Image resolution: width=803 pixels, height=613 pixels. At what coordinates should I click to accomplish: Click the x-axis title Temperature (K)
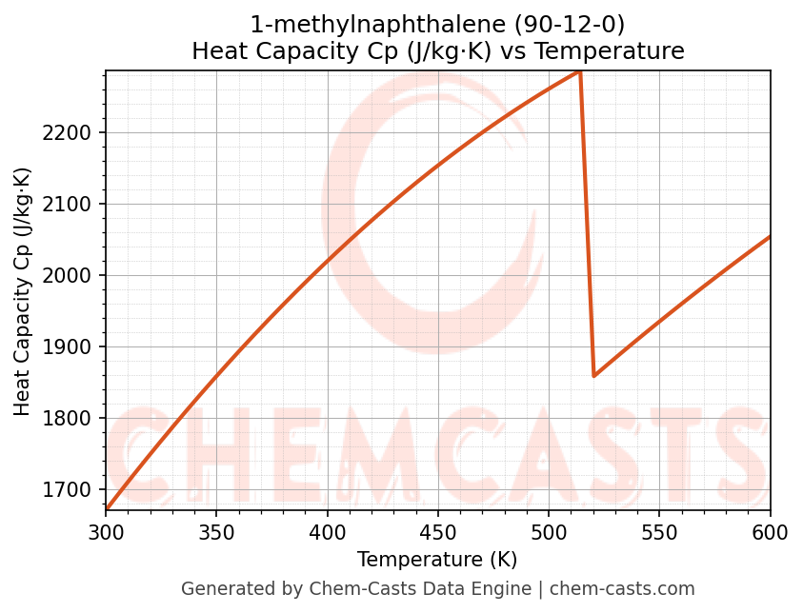[x=438, y=560]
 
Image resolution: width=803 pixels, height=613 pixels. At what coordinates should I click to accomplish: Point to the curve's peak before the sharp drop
[x=579, y=71]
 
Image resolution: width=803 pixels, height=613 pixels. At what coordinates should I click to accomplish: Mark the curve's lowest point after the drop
[x=593, y=375]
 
